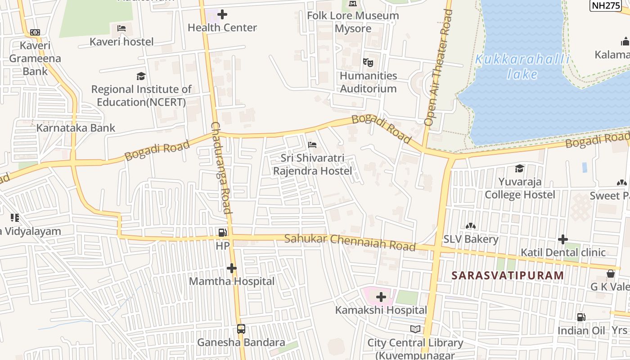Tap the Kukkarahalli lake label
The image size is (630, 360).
522,66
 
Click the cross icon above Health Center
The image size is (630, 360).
222,14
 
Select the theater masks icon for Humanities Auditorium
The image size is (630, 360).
368,63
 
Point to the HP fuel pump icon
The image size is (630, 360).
223,233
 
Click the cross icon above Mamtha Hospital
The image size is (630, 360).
232,269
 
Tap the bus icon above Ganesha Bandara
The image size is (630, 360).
241,329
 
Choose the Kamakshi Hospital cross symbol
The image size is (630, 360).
381,297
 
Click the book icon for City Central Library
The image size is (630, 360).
415,329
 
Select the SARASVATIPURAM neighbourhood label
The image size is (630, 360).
508,275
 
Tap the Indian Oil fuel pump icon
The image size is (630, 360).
581,317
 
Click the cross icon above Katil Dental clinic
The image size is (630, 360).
563,239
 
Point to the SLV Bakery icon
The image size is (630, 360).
471,226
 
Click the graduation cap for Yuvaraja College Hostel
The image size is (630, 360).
520,168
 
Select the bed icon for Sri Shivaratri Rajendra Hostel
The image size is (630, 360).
312,145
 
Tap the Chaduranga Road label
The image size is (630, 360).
221,167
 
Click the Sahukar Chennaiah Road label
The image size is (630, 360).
350,242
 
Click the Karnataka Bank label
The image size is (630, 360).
76,128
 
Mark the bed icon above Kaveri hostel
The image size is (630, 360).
121,28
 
